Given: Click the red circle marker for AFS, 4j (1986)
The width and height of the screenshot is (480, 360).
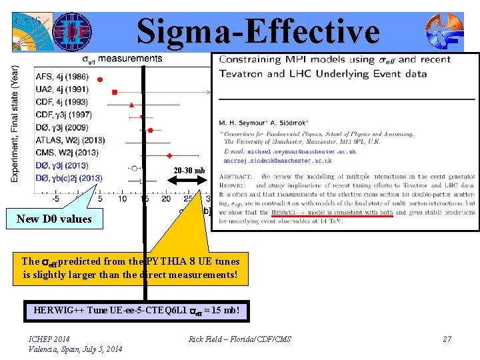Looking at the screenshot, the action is [100, 79].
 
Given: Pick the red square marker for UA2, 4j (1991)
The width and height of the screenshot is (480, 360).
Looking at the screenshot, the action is [115, 91].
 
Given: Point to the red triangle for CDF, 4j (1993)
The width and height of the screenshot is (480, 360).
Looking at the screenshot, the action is [131, 105].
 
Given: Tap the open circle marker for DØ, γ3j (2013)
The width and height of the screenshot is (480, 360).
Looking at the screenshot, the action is [135, 167].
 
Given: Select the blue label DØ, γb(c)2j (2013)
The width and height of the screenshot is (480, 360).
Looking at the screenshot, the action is [69, 178].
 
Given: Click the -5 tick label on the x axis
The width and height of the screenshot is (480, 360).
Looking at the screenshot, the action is [57, 199].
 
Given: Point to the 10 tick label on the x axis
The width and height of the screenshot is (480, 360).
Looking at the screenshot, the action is [122, 199].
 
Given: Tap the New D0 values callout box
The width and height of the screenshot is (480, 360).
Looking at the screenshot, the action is [55, 219].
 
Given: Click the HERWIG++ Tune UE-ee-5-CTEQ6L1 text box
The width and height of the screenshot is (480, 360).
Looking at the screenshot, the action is [136, 311].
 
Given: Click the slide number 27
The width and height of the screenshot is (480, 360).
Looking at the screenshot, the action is [447, 339].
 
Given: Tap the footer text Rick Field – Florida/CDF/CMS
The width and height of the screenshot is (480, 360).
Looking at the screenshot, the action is [240, 339].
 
